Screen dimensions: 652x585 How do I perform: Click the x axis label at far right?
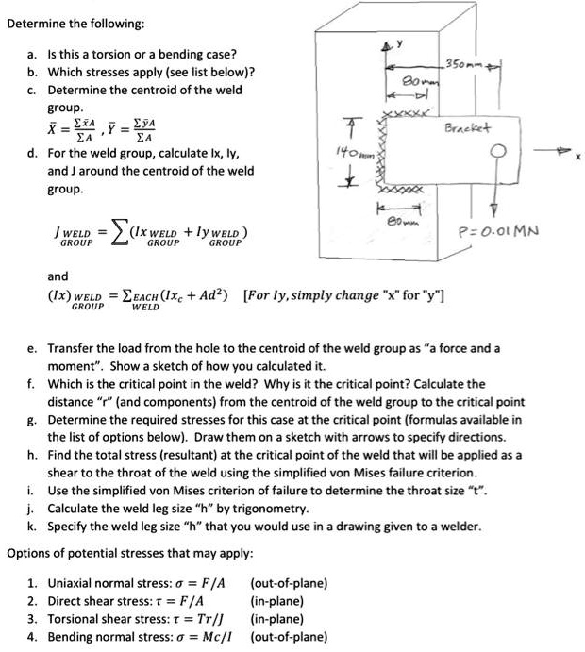coord(574,159)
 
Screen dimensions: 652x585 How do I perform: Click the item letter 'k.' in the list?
coord(31,526)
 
